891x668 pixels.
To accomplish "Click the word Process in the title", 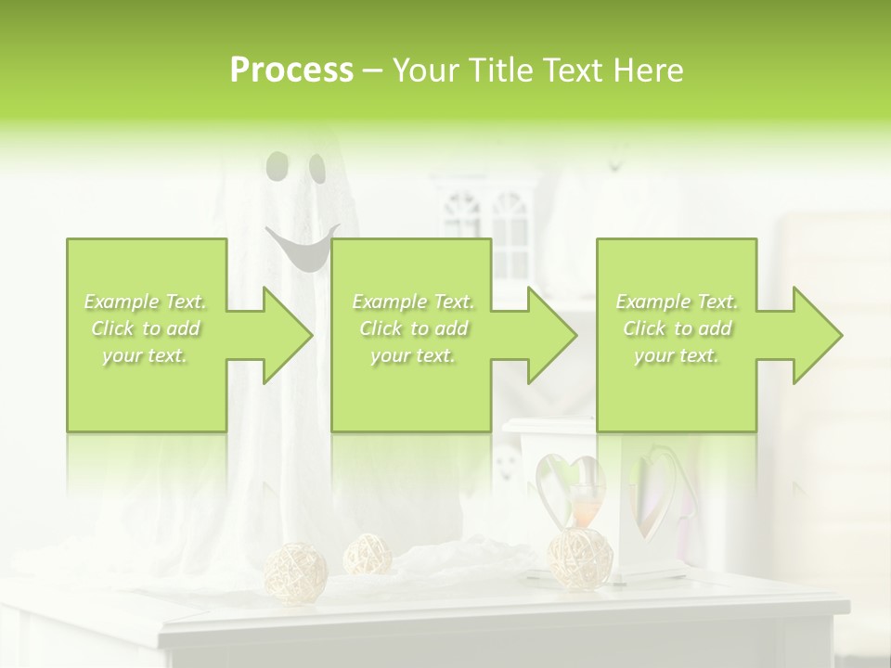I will click(x=291, y=71).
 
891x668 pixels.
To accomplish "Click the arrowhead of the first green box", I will click(x=284, y=335).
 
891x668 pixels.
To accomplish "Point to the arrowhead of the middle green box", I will click(x=549, y=335).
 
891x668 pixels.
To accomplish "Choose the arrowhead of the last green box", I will click(x=815, y=335).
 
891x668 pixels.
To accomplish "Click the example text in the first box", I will click(x=146, y=328).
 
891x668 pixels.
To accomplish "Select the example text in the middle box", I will click(x=413, y=328).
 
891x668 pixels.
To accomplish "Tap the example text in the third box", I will click(x=677, y=328).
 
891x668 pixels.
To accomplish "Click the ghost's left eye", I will click(x=276, y=167).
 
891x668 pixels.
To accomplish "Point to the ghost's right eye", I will click(x=317, y=168).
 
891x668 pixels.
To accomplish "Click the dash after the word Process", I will click(x=373, y=71).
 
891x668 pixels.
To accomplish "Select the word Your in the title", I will click(x=425, y=71).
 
